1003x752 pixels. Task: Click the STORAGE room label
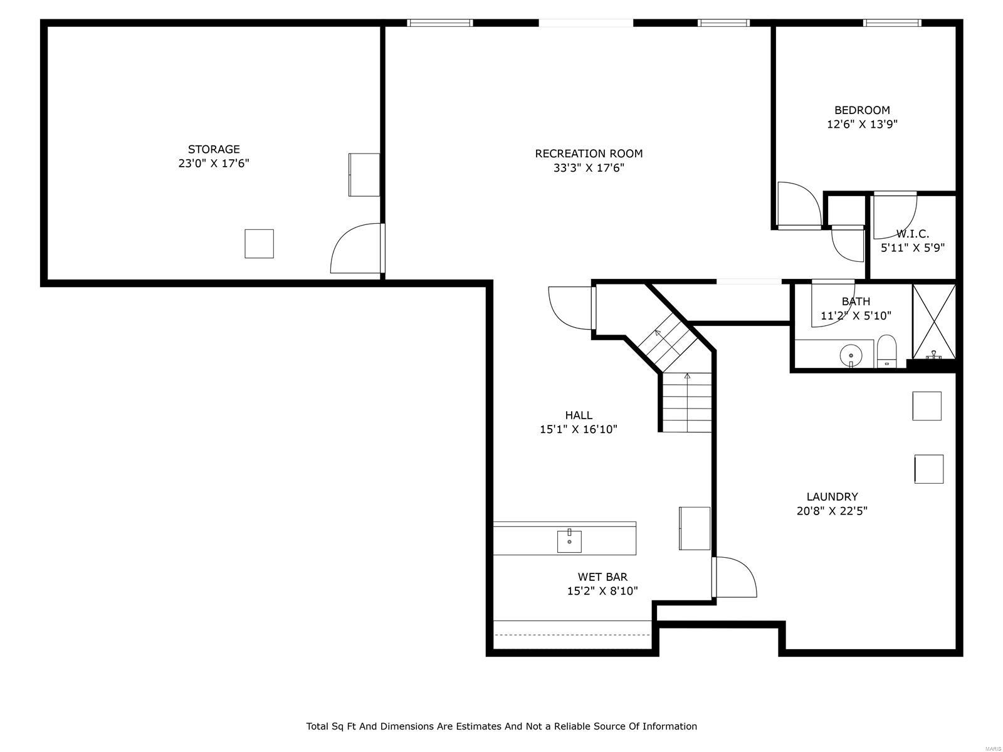click(214, 149)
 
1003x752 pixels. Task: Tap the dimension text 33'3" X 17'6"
click(589, 168)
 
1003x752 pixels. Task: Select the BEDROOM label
click(861, 110)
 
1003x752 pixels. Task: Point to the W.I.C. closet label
click(912, 234)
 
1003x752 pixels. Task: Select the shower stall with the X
click(934, 321)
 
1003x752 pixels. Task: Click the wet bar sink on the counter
click(569, 541)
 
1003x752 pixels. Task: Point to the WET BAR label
click(602, 577)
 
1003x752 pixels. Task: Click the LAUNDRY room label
click(832, 497)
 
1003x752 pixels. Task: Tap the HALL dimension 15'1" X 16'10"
click(578, 429)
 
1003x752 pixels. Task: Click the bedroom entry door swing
click(797, 204)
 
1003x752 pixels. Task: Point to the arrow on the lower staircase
click(687, 377)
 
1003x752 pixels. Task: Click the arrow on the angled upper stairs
click(658, 333)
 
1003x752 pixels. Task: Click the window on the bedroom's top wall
click(891, 23)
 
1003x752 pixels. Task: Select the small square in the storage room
click(259, 244)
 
